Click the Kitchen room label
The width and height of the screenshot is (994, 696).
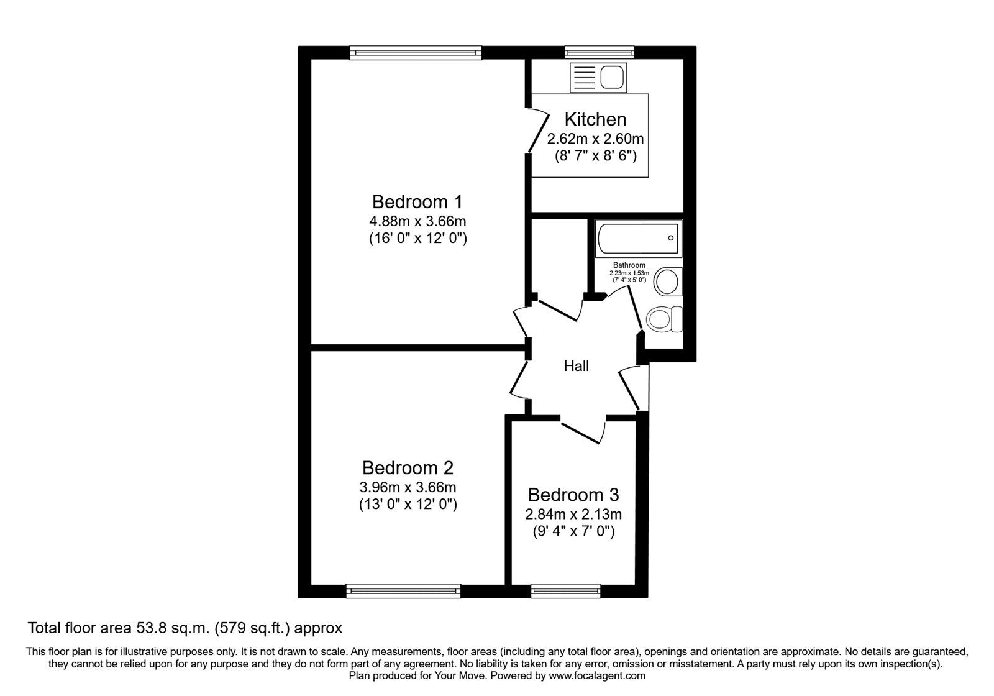[595, 119]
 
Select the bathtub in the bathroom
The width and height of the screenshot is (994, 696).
[638, 239]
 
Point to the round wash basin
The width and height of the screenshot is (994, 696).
[668, 281]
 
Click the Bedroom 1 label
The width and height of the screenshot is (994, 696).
[417, 202]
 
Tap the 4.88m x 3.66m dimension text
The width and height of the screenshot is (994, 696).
[417, 221]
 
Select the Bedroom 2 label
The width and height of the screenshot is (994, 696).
[408, 467]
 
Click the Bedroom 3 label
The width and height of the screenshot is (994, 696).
[573, 495]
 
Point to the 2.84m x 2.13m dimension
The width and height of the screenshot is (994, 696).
[573, 515]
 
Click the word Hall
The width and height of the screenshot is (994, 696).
[576, 367]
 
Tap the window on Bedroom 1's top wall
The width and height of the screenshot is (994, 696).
[416, 53]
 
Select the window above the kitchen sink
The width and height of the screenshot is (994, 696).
[599, 53]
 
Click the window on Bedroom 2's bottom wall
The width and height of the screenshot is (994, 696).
[403, 590]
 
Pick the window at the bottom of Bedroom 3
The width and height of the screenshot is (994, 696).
[565, 590]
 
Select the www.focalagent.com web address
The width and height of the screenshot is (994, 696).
[597, 675]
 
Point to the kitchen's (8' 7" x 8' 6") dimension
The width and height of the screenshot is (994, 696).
[595, 156]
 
